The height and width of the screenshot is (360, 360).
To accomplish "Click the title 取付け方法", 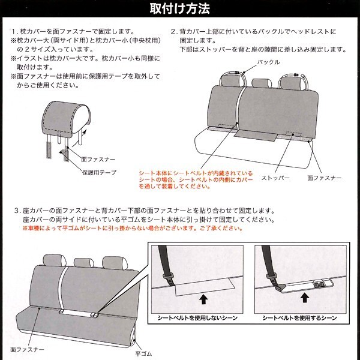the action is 180,8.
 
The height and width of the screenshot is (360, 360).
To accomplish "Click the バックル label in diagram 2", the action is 268,62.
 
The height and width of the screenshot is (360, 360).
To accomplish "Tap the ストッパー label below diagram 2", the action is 275,178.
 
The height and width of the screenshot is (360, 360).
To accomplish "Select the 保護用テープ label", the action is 99,172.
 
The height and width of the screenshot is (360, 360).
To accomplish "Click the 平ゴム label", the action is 143,353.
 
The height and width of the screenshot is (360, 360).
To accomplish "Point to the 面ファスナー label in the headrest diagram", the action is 98,159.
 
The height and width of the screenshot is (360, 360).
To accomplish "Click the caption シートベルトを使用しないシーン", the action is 197,318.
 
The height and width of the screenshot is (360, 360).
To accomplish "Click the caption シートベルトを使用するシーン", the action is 299,318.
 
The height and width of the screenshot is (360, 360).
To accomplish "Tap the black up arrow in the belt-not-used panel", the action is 203,299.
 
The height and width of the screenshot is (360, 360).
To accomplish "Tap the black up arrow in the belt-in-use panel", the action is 305,298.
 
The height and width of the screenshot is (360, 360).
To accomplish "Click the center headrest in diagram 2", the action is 262,83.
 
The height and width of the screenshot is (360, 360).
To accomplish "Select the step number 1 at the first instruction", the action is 14,31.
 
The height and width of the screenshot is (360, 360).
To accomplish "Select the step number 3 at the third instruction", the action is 17,211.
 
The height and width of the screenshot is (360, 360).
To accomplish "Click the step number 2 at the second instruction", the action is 173,31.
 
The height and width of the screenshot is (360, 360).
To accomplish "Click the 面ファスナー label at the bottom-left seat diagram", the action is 27,349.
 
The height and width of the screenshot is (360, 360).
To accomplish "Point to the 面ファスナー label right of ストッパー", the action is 324,178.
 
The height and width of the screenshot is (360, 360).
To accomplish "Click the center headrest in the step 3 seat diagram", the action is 84,263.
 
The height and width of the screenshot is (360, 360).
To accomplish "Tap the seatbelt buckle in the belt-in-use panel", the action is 280,287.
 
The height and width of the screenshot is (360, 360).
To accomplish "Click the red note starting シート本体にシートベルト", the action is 196,179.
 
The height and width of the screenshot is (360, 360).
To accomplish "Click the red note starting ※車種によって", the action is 133,228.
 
